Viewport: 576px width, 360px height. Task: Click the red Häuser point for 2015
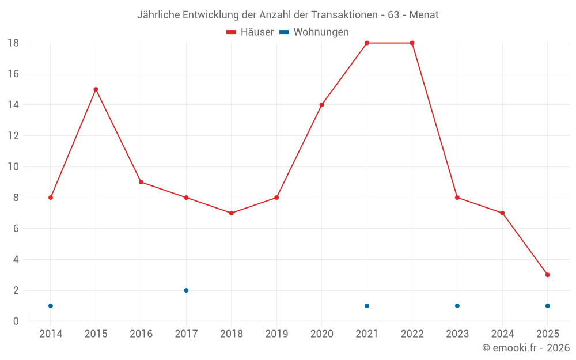click(96, 89)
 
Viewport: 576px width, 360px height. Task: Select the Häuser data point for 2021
click(367, 43)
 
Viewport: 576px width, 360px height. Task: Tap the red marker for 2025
click(548, 275)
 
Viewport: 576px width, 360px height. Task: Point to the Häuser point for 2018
click(232, 213)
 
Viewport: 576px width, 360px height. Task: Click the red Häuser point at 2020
click(322, 105)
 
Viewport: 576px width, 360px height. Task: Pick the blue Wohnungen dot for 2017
click(186, 290)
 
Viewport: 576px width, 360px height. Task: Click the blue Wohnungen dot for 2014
click(51, 306)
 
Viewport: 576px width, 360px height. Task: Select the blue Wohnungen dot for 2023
click(457, 306)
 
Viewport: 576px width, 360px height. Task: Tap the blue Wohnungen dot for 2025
click(548, 306)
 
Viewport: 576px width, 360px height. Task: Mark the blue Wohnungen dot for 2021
click(367, 306)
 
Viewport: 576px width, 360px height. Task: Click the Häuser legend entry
click(250, 32)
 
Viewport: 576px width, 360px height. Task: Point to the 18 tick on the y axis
click(13, 43)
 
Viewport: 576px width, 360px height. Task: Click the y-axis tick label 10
click(13, 167)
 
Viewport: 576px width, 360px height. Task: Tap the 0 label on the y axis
click(16, 321)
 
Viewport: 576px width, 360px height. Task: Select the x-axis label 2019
click(276, 334)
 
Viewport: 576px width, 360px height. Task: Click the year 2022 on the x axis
click(412, 334)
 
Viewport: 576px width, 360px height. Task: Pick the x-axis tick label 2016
click(141, 334)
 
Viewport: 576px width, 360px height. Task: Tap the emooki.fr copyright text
click(526, 348)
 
